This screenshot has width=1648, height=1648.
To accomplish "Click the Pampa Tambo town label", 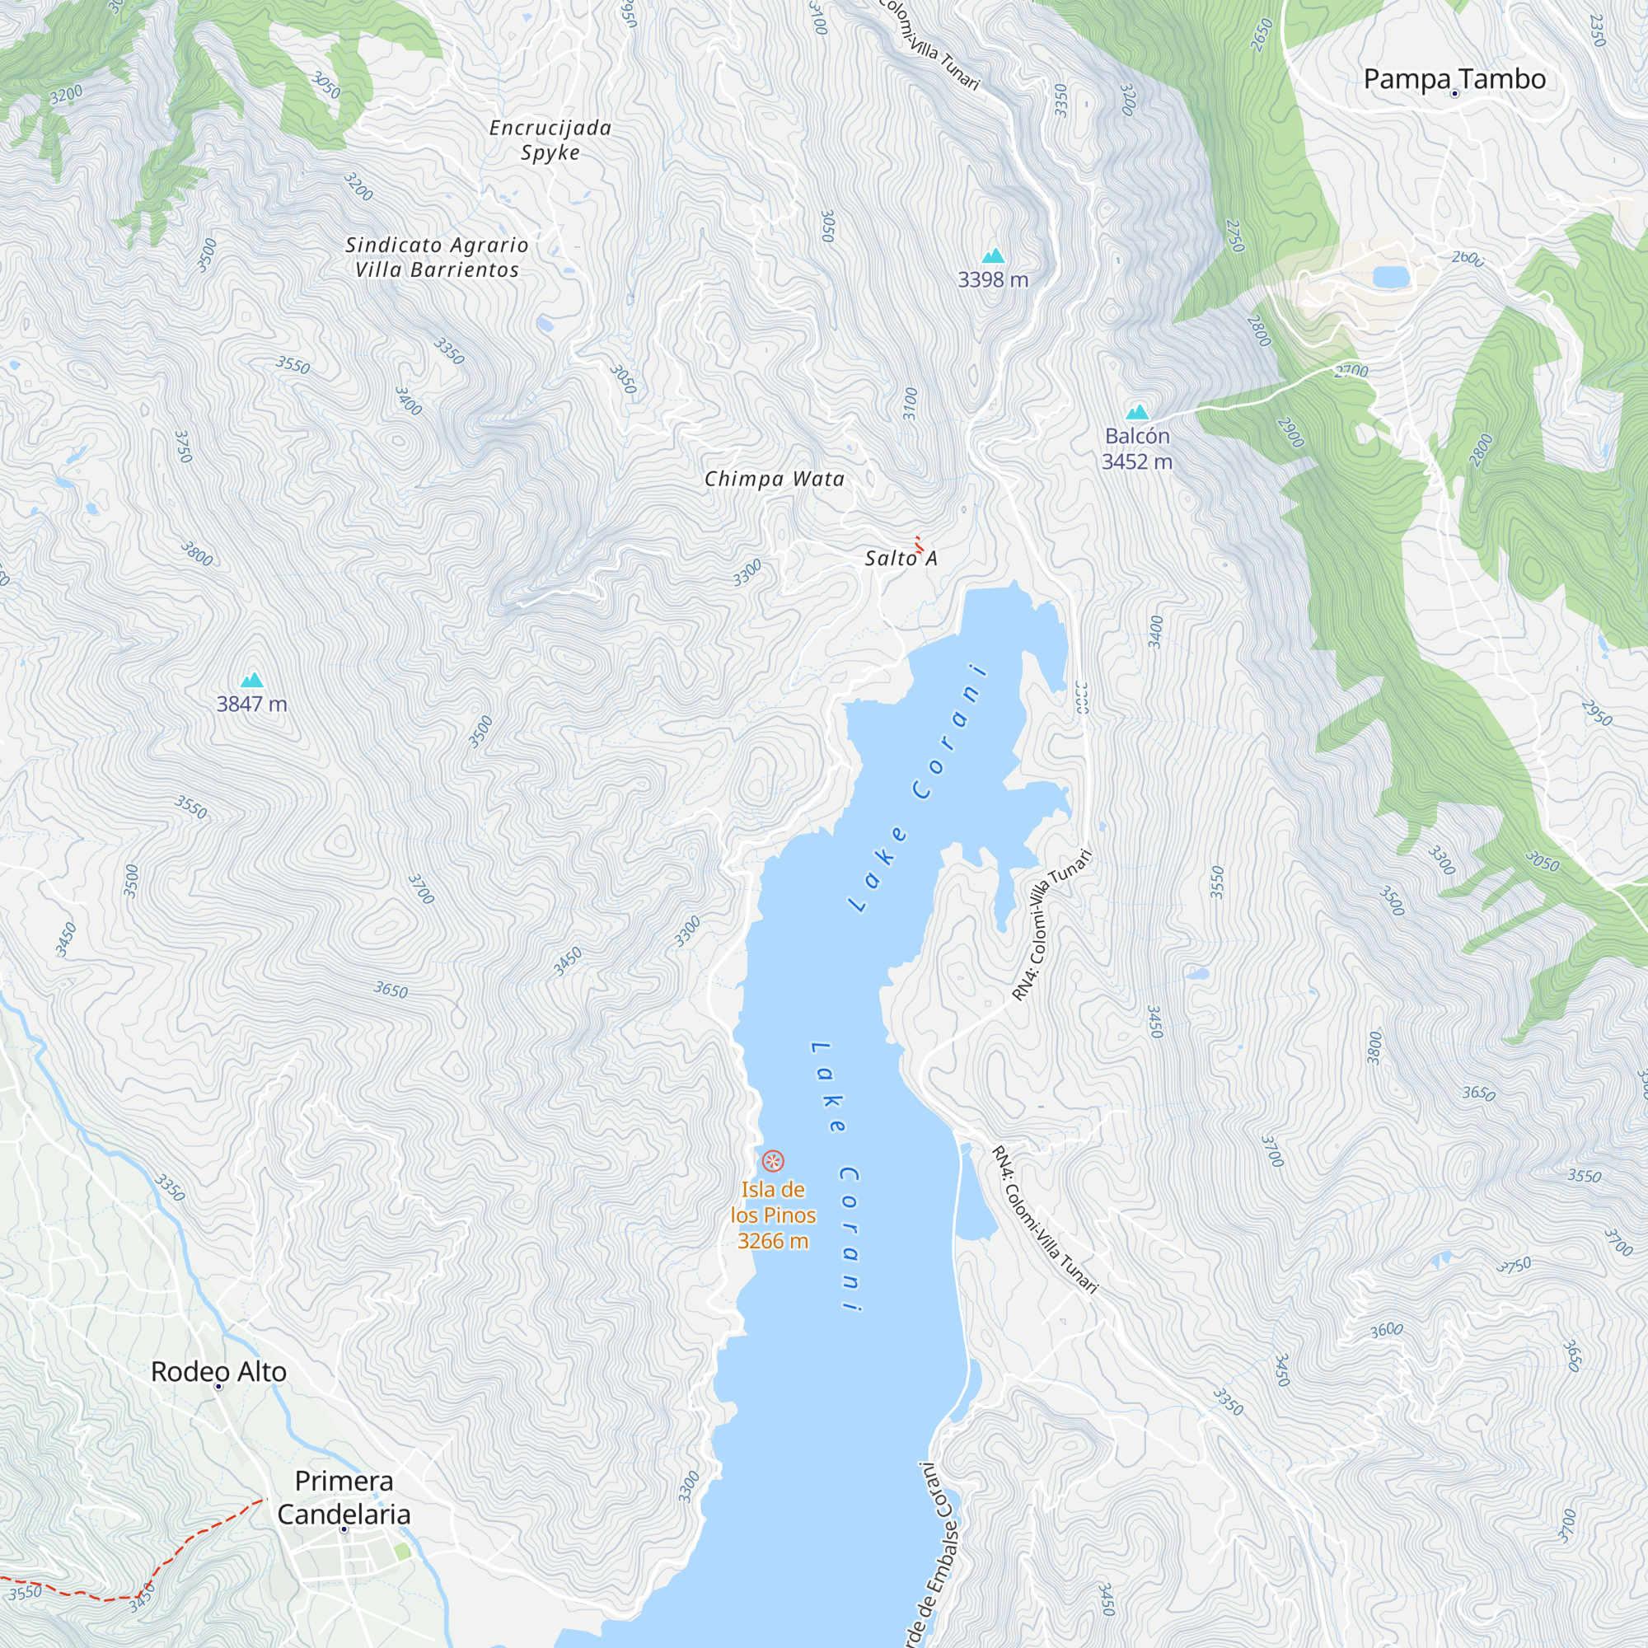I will pyautogui.click(x=1454, y=78).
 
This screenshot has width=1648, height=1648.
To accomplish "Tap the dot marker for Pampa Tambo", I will pyautogui.click(x=1454, y=94).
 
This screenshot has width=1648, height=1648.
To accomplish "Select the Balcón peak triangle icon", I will pyautogui.click(x=1137, y=413).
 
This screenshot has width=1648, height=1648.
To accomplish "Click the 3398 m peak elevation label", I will pyautogui.click(x=993, y=280).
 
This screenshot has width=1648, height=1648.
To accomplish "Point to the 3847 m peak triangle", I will pyautogui.click(x=251, y=680).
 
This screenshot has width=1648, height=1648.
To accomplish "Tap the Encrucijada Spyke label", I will pyautogui.click(x=550, y=140).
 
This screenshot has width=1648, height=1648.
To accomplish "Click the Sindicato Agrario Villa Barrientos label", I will pyautogui.click(x=437, y=257).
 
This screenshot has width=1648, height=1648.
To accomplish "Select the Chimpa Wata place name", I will pyautogui.click(x=774, y=479).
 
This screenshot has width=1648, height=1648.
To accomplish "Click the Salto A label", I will pyautogui.click(x=901, y=558).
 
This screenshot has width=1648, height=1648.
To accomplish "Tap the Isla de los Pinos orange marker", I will pyautogui.click(x=773, y=1161).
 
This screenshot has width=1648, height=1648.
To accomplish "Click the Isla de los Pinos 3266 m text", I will pyautogui.click(x=773, y=1215).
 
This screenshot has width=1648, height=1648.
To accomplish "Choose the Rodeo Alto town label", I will pyautogui.click(x=218, y=1372).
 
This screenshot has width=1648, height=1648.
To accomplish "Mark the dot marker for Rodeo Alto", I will pyautogui.click(x=218, y=1387).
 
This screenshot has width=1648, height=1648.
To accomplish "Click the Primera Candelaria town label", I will pyautogui.click(x=344, y=1497).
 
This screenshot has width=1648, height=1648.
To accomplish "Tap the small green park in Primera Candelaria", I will pyautogui.click(x=403, y=1551).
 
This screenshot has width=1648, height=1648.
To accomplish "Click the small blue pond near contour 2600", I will pyautogui.click(x=1390, y=276).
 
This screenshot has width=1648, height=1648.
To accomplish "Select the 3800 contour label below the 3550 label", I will pyautogui.click(x=196, y=554).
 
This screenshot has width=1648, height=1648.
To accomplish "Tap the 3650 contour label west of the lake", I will pyautogui.click(x=391, y=990).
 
